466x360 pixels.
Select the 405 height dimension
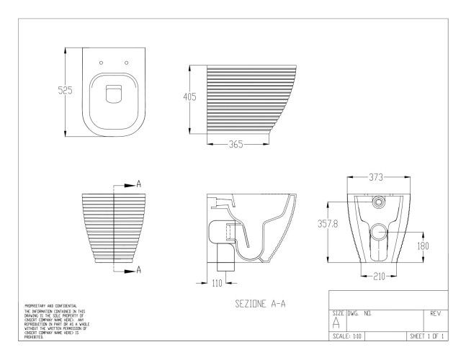point(189,98)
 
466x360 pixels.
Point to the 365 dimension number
point(234,144)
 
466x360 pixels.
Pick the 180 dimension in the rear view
point(426,246)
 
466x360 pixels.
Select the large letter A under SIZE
point(336,324)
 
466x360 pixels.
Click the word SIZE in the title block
point(337,314)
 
